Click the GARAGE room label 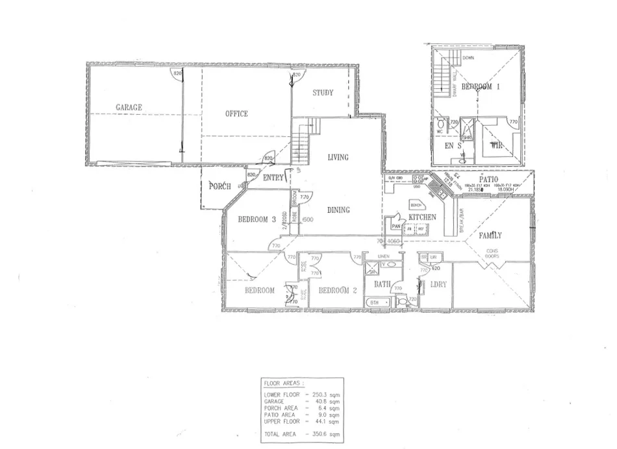coord(129,107)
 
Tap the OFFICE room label coord(236,114)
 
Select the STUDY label coord(322,93)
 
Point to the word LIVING coord(338,157)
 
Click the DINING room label coord(338,210)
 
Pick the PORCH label coord(220,187)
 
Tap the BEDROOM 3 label coord(257,219)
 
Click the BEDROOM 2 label coord(339,290)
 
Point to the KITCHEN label coord(422,217)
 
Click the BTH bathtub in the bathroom coord(375,302)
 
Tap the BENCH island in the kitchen coord(416,204)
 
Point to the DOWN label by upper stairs coord(468,58)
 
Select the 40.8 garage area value coord(325,401)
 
